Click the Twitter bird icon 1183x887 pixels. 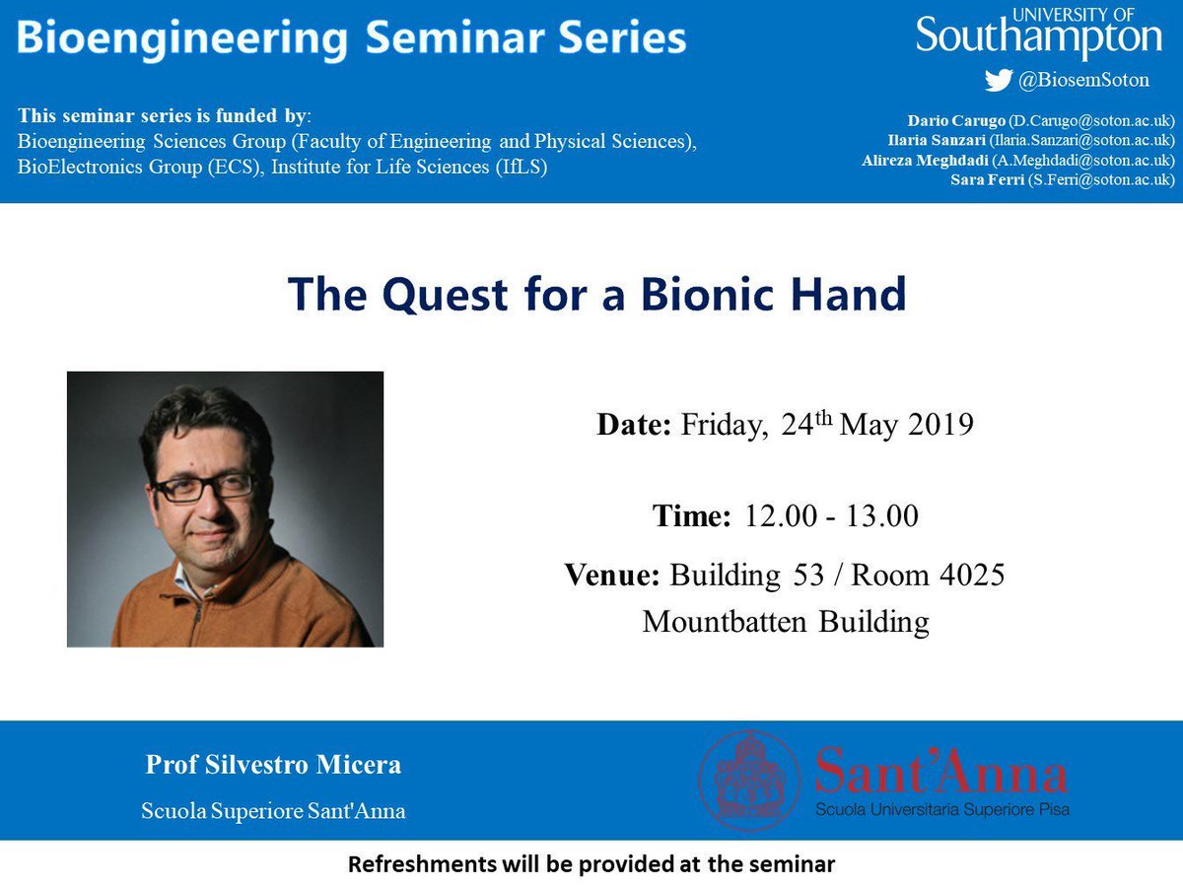pos(998,81)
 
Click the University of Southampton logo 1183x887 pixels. pos(1039,34)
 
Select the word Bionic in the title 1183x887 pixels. pos(708,294)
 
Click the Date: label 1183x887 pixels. pos(634,426)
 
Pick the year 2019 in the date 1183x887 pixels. pos(939,426)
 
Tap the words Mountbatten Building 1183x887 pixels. pos(786,622)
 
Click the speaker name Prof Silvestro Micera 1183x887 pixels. pos(273,765)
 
